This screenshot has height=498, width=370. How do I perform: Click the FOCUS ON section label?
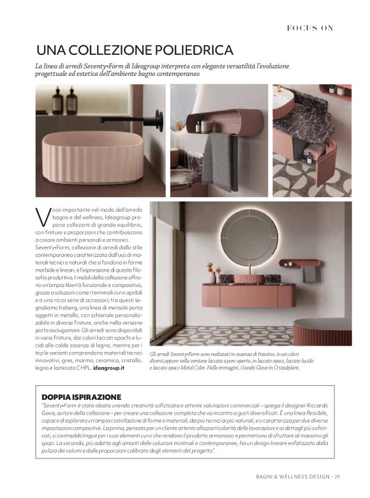(x=309, y=27)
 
